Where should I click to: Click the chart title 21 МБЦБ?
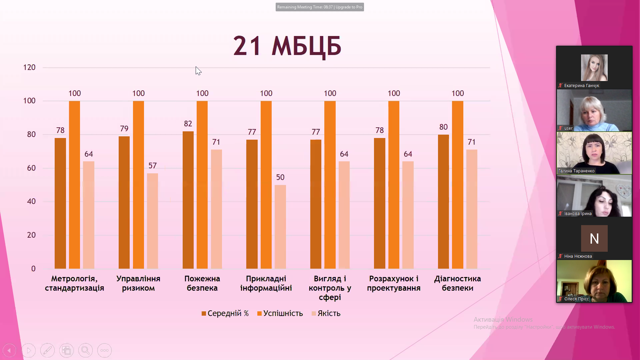[287, 46]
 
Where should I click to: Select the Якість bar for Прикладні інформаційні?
[280, 227]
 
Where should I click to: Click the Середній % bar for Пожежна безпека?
[188, 200]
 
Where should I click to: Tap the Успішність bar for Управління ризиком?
[138, 185]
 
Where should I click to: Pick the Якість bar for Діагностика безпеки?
[472, 209]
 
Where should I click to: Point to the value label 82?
[188, 124]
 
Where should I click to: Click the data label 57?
[152, 166]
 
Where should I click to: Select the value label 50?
[280, 177]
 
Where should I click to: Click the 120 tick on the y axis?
[29, 67]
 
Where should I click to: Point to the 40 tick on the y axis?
[31, 201]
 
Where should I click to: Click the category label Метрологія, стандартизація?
[74, 283]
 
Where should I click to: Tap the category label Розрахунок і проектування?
[394, 283]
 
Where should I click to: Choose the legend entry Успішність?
[280, 313]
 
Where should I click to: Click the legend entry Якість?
[326, 313]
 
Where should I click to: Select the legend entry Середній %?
[225, 313]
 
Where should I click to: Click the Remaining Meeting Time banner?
[320, 7]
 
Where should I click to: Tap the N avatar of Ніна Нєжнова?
[594, 238]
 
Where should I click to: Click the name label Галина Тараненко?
[576, 171]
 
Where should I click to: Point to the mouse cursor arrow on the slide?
[198, 70]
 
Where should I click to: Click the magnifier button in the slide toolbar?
[85, 350]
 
